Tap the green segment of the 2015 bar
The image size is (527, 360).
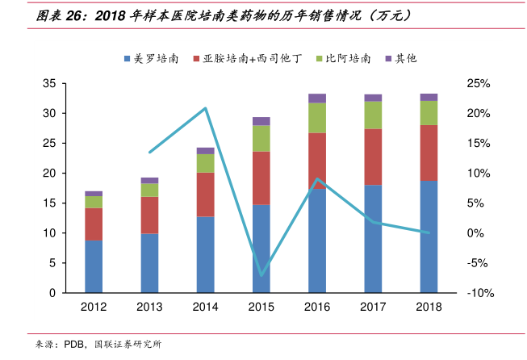pyautogui.click(x=261, y=138)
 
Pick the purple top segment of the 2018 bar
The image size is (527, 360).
pyautogui.click(x=428, y=97)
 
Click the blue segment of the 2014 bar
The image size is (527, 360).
pyautogui.click(x=205, y=254)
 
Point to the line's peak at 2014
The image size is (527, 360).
pyautogui.click(x=206, y=108)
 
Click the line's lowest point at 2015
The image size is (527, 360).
pyautogui.click(x=261, y=275)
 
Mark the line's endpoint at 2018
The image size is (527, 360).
pyautogui.click(x=428, y=232)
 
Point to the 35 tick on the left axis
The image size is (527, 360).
pyautogui.click(x=48, y=83)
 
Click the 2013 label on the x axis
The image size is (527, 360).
pyautogui.click(x=149, y=308)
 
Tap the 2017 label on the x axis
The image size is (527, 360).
pyautogui.click(x=372, y=308)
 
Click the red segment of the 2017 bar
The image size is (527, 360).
pyautogui.click(x=372, y=157)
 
